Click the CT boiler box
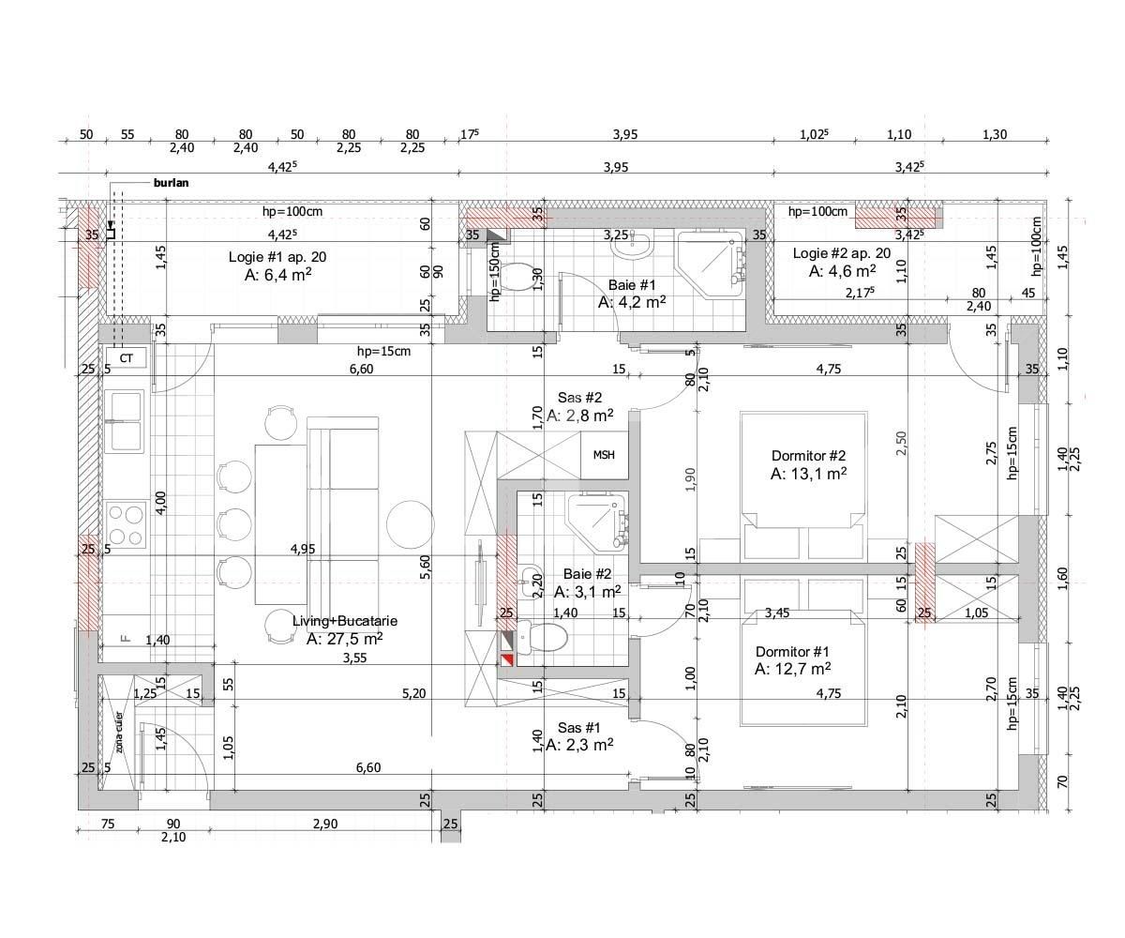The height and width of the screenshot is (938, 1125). pos(126,358)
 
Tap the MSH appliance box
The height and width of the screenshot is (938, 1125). pos(604,455)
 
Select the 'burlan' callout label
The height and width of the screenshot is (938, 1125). pos(171,183)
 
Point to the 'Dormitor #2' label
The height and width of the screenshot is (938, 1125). pos(808,455)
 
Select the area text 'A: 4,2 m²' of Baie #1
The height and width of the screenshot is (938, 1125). pos(632,302)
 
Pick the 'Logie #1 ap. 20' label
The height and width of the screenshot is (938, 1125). pos(277,256)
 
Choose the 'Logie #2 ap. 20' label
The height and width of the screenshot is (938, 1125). pos(842,253)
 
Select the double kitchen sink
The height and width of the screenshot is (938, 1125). pos(126,420)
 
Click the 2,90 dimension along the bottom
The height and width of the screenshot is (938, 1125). pos(325,824)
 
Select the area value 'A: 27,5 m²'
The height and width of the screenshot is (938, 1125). pos(344,639)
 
